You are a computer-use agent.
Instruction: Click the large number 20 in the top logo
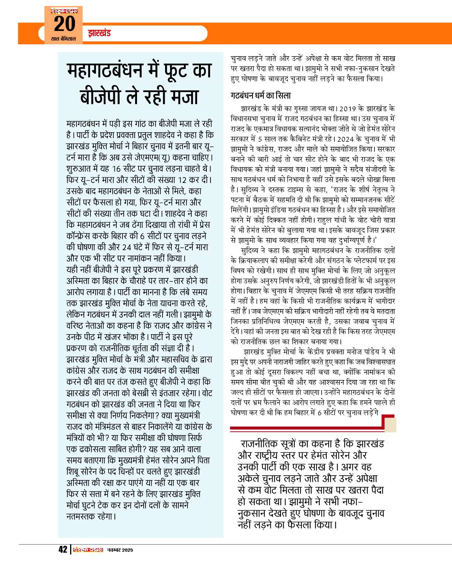tap(64, 24)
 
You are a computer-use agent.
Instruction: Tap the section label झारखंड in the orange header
tap(99, 33)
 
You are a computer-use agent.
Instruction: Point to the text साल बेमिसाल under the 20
tap(64, 39)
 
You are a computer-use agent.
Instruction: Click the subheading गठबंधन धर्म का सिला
tap(260, 96)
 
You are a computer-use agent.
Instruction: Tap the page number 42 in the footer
tap(63, 550)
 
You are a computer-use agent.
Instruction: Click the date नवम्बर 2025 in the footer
tap(120, 550)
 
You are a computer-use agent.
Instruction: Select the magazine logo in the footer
tap(88, 550)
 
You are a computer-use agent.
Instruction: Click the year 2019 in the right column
tap(347, 109)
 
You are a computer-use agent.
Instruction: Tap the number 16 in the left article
tap(116, 169)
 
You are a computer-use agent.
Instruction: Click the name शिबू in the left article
tap(73, 472)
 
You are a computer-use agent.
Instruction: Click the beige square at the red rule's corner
tap(390, 425)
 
